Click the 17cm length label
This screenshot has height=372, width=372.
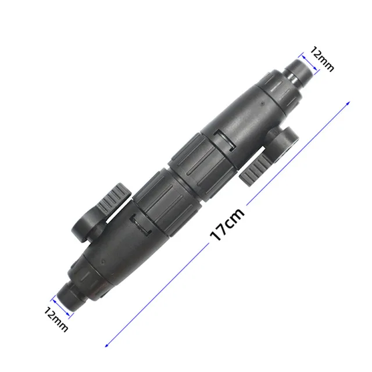227,224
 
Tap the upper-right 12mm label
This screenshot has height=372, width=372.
322,59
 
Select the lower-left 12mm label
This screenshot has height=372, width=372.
56,319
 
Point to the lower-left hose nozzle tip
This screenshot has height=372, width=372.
69,296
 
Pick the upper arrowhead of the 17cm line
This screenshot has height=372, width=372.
348,103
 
